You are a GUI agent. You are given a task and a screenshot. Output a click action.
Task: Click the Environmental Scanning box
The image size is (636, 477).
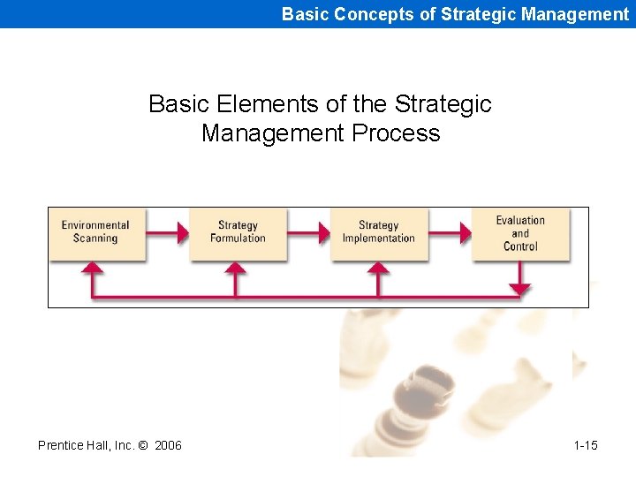[x=95, y=233]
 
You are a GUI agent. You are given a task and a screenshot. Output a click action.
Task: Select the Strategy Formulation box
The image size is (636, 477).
[x=238, y=233]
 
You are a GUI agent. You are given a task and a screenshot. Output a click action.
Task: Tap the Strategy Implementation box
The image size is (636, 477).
[x=379, y=233]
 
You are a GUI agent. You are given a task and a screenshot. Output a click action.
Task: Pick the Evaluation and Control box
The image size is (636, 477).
[x=520, y=234]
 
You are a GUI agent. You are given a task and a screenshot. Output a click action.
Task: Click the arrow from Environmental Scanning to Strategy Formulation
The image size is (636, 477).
[x=168, y=233]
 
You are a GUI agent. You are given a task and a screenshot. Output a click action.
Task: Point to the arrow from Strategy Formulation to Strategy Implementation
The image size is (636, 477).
[x=309, y=233]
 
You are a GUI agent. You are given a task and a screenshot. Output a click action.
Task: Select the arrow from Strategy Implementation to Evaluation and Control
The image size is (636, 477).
[x=450, y=233]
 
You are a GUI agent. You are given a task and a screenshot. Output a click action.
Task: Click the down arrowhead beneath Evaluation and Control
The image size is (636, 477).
[x=520, y=289]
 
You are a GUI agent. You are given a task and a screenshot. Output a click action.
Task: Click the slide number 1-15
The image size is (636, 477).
[x=585, y=445]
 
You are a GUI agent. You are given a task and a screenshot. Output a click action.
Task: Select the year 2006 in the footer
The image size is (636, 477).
[x=168, y=445]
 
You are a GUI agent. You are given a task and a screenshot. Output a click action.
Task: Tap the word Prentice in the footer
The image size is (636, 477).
[x=62, y=445]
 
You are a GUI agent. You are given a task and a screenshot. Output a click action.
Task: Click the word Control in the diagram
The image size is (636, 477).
[x=520, y=246]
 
